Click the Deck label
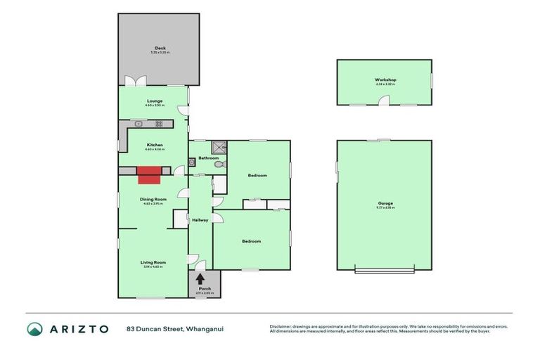160,49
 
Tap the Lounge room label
155,101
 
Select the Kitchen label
155,145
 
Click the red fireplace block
149,173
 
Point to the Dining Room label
153,199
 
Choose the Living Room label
153,262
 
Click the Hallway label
200,220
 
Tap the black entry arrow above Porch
200,278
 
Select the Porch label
205,288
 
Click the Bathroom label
208,158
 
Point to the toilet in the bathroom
217,165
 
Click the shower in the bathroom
219,147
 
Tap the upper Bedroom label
257,175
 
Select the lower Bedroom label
252,241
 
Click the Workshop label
385,79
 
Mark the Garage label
385,203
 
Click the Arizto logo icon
34,329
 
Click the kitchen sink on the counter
139,124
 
